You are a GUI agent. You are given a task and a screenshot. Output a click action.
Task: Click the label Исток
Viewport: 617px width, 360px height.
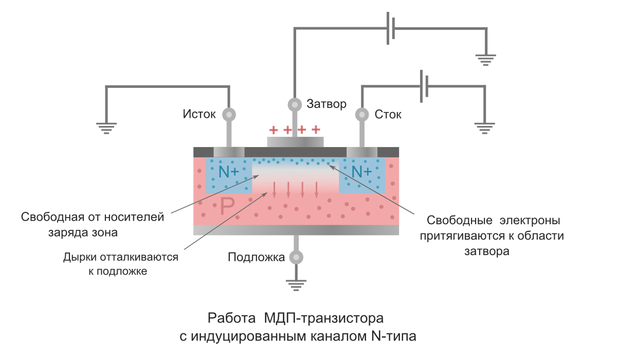(x=199, y=114)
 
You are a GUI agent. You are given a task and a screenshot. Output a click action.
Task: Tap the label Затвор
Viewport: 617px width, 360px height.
(x=326, y=104)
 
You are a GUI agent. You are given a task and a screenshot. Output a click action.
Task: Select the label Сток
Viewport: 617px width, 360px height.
(x=388, y=114)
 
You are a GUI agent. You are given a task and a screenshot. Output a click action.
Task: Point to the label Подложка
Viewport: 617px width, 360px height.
(x=256, y=257)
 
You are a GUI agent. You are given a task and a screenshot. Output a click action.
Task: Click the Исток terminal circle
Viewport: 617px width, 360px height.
(x=228, y=114)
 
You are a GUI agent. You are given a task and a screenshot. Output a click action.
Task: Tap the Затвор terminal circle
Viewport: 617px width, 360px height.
(x=295, y=104)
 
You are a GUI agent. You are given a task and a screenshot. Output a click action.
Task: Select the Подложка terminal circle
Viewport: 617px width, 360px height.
(x=295, y=257)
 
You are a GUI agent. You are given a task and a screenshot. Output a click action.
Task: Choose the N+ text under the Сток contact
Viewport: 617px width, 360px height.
(x=362, y=171)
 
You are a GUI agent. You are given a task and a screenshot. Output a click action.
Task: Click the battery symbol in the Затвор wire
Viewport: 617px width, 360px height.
(x=391, y=28)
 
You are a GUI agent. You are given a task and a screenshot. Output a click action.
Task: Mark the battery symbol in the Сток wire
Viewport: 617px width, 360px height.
(x=424, y=85)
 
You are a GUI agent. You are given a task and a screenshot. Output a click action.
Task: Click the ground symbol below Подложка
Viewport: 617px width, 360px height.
(x=295, y=284)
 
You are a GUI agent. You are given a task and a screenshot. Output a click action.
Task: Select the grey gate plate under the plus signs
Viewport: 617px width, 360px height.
(x=295, y=142)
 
